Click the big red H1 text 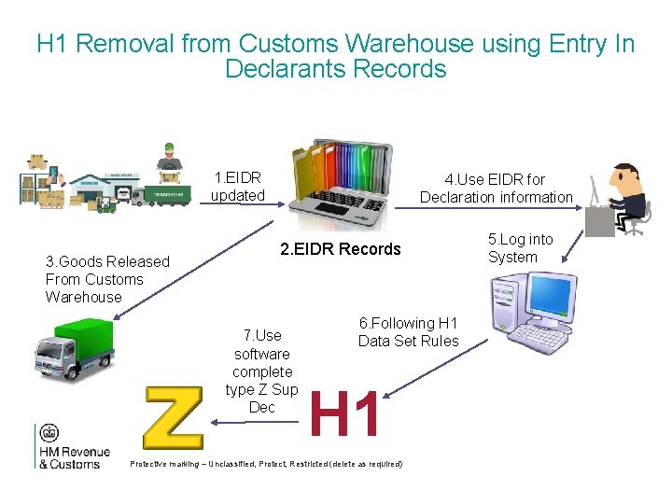pos(345,414)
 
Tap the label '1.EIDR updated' pos(237,187)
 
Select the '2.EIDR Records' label pos(341,249)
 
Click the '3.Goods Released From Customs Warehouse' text pos(106,279)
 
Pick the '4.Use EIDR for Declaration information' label pos(496,188)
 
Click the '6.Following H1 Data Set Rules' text pos(409,332)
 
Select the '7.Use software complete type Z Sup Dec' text pos(261,371)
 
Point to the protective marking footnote pos(267,464)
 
